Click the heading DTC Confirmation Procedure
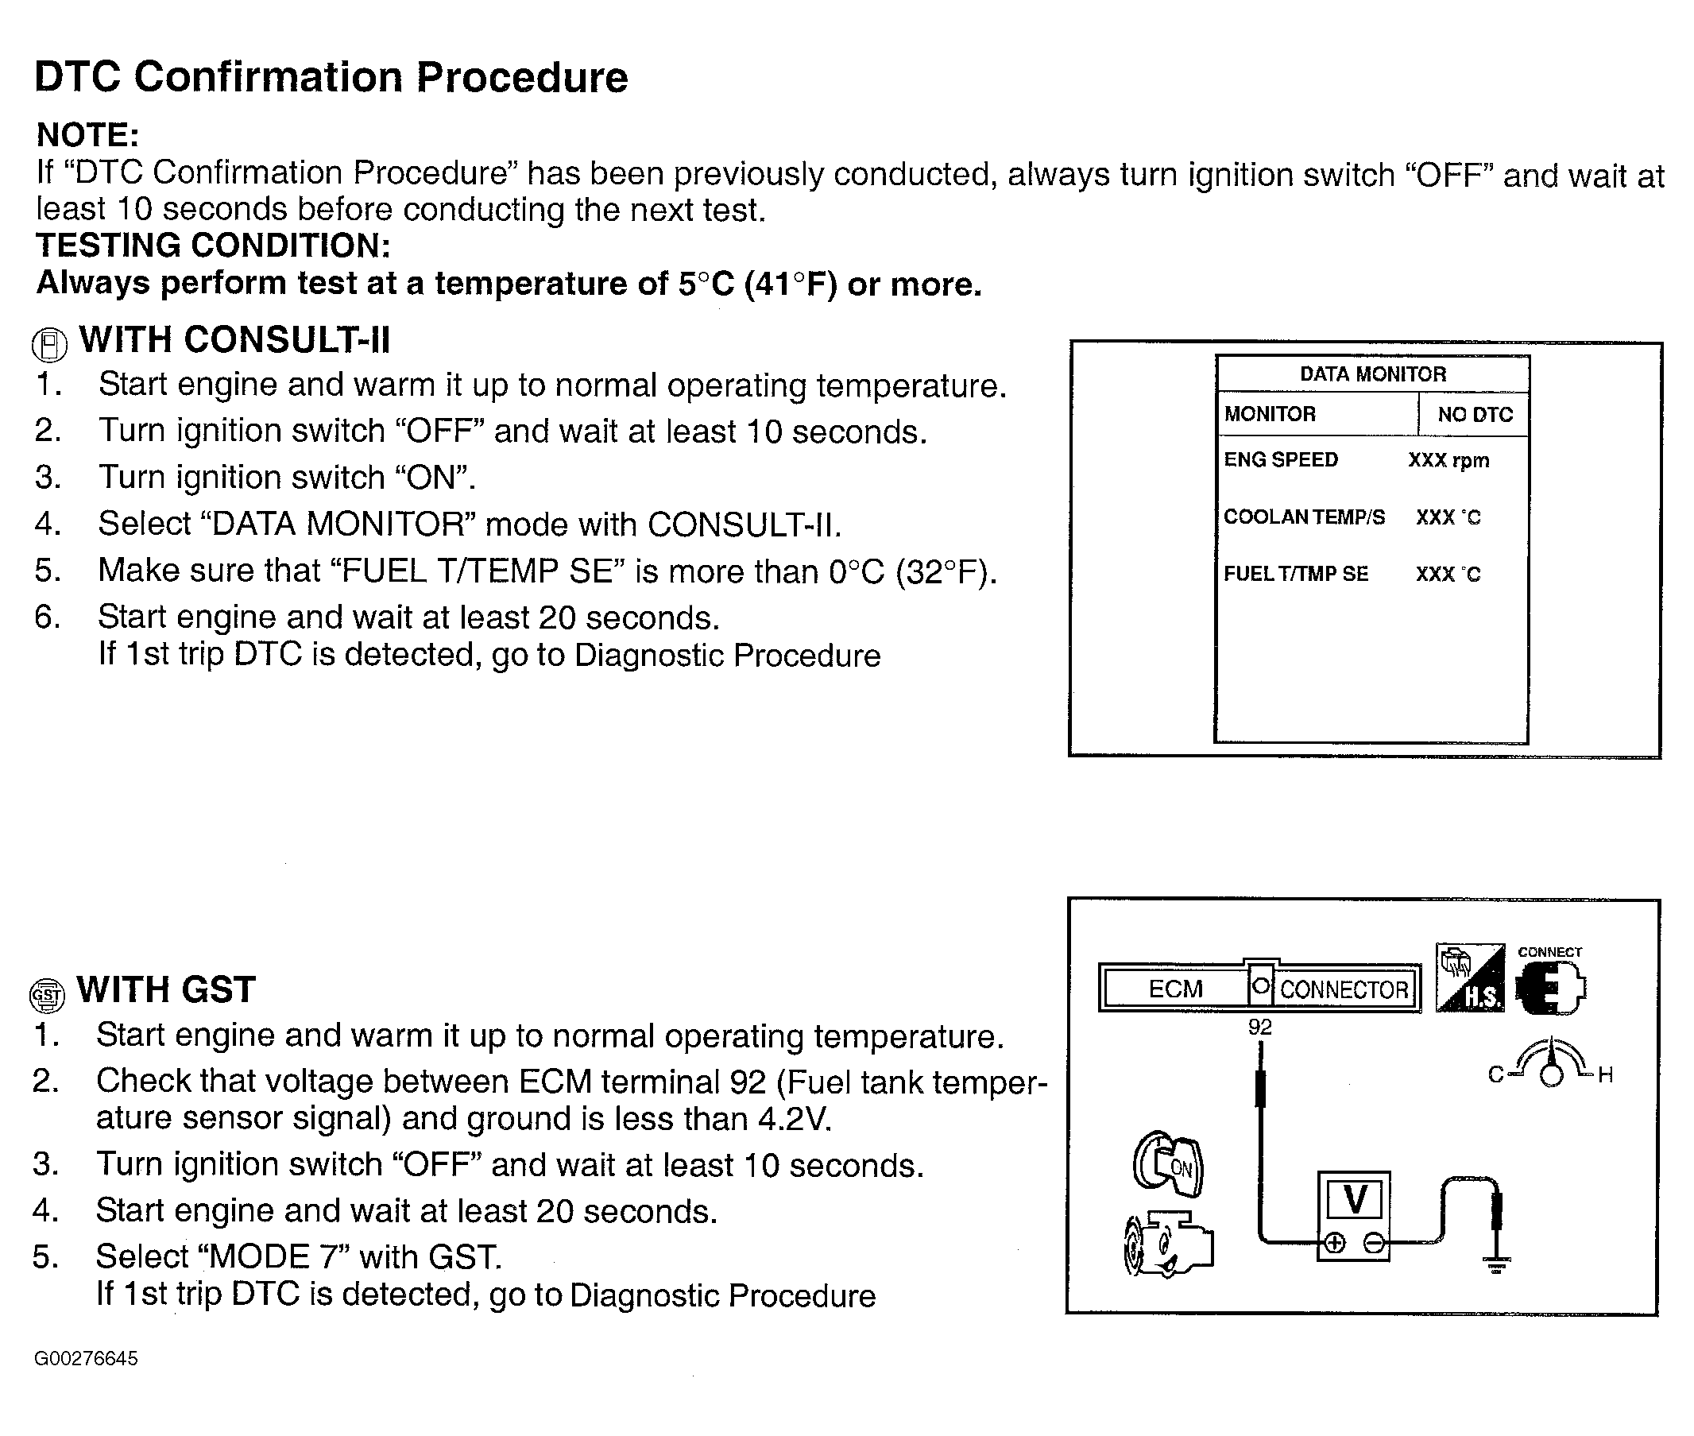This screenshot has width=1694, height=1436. [x=331, y=78]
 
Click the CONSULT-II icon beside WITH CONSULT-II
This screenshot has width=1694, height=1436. [x=48, y=345]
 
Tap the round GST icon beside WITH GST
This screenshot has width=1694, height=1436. [x=46, y=995]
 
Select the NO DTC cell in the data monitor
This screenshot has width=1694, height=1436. [x=1474, y=414]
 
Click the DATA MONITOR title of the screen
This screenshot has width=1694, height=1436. [x=1372, y=374]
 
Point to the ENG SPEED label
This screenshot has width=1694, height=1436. [x=1281, y=460]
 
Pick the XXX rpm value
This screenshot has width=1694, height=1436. [x=1448, y=461]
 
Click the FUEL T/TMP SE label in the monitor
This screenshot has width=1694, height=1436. [x=1296, y=574]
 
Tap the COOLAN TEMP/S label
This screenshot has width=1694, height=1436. [x=1304, y=517]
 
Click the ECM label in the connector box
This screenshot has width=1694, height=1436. [x=1174, y=989]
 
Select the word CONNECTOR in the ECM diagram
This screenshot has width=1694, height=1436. [x=1344, y=990]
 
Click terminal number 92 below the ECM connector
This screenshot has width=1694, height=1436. [x=1259, y=1028]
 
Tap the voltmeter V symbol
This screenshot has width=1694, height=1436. [x=1355, y=1199]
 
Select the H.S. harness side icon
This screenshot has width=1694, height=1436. [x=1470, y=978]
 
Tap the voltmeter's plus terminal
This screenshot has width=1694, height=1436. [x=1334, y=1243]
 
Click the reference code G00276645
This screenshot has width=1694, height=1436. [x=87, y=1359]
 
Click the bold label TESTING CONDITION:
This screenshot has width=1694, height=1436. [x=213, y=246]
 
